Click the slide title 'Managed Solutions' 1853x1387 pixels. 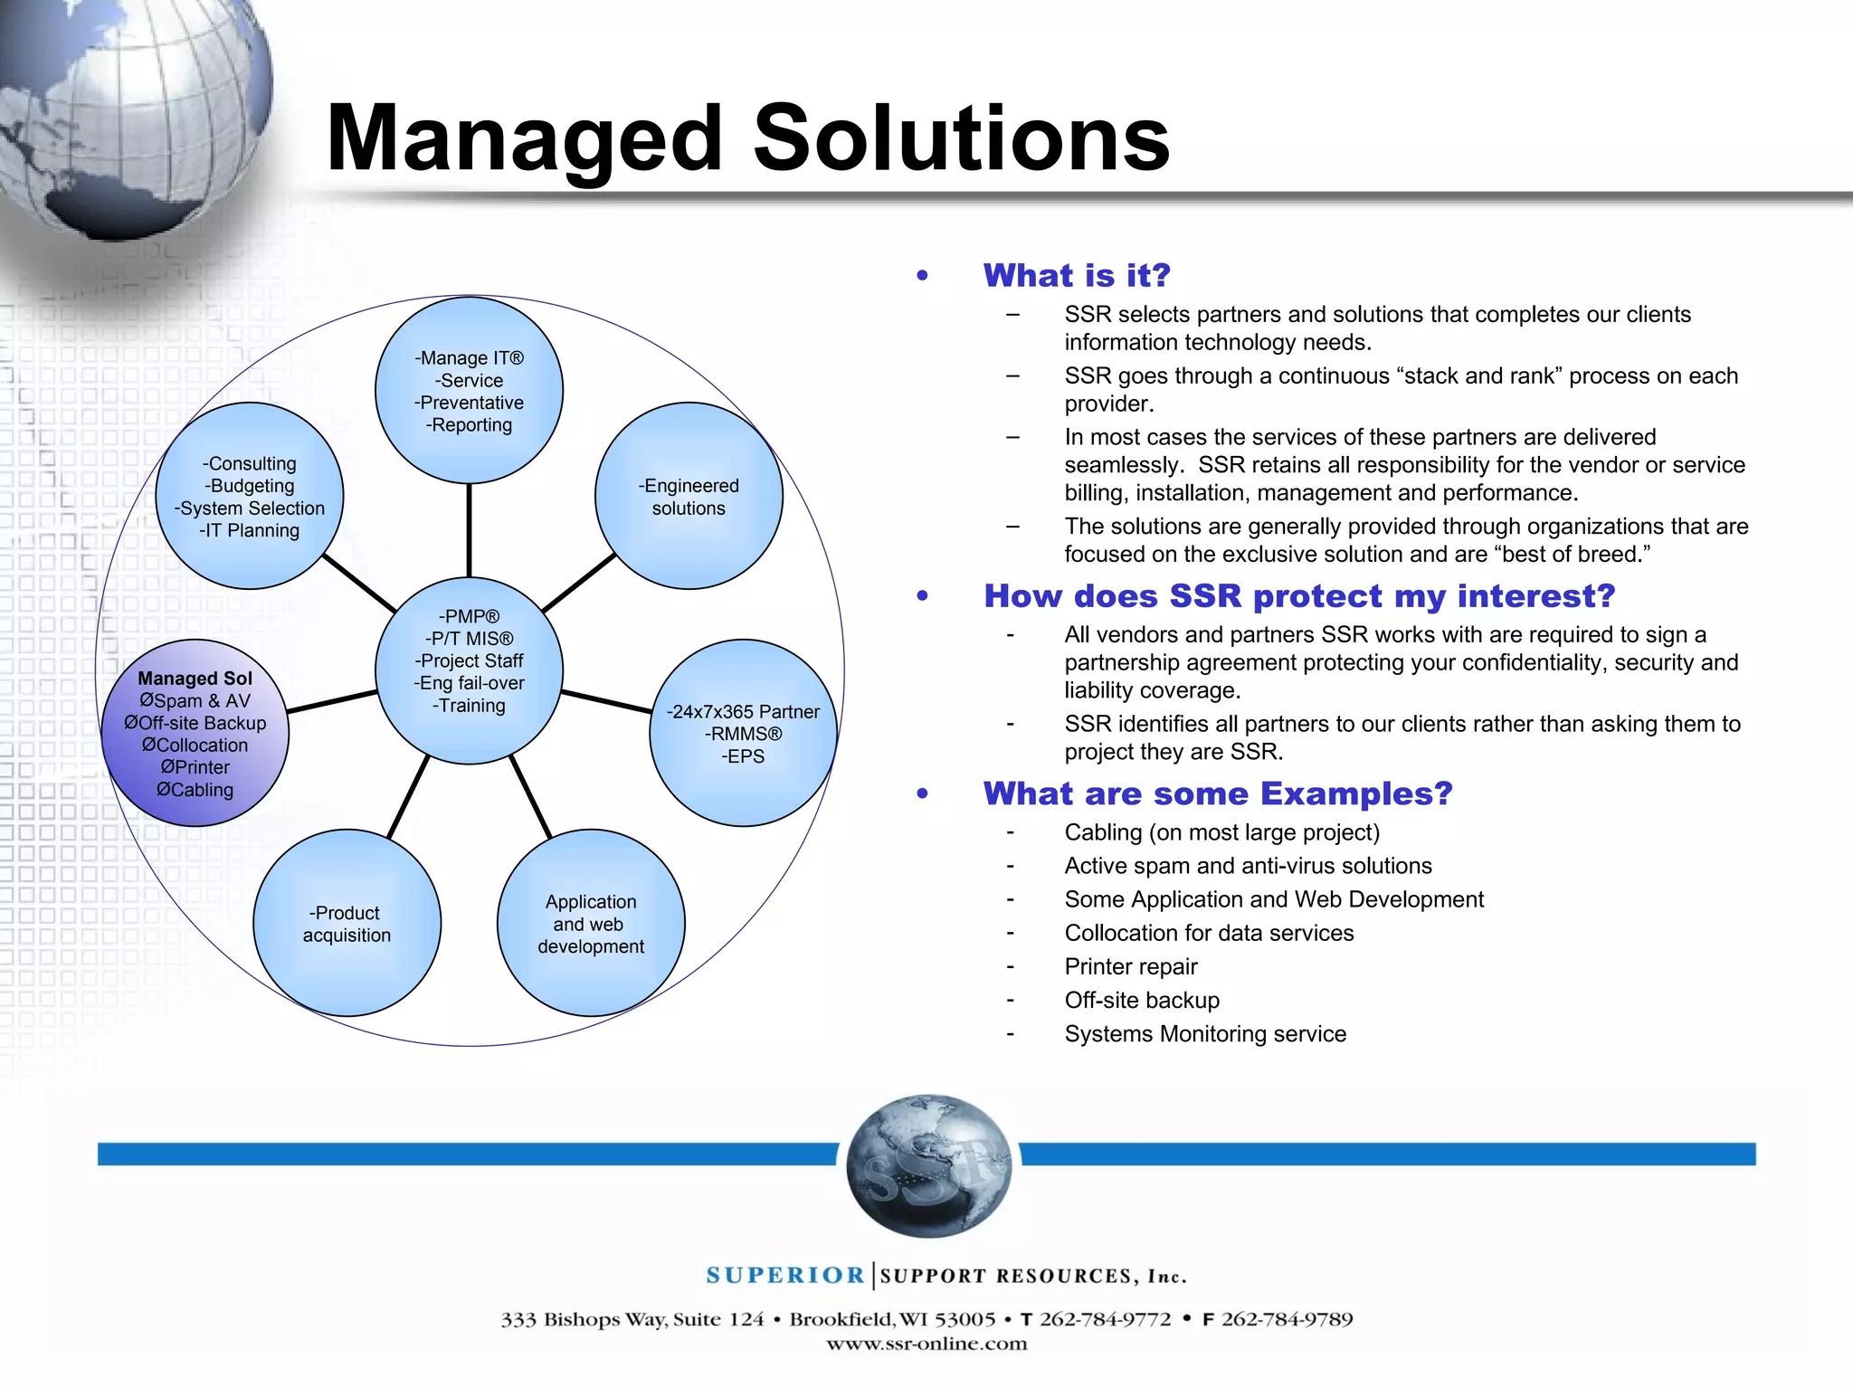[x=747, y=138]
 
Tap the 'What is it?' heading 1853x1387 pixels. [x=1077, y=275]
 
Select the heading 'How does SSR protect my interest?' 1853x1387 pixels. [x=1299, y=595]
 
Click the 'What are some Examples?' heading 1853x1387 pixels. [x=1218, y=793]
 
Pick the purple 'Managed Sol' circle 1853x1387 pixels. [x=195, y=733]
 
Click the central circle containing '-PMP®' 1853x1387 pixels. [x=469, y=670]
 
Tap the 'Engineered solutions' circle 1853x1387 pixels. [x=689, y=496]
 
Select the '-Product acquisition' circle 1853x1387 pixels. [x=347, y=923]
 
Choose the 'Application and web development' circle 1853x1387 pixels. [x=591, y=923]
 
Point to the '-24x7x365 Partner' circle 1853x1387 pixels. [x=743, y=733]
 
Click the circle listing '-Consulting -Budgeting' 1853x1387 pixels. [x=250, y=496]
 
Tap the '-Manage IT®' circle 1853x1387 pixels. [x=469, y=391]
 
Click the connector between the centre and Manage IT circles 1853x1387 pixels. [x=469, y=531]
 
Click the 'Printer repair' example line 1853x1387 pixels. [x=1131, y=967]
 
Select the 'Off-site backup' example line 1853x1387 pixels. [x=1142, y=1001]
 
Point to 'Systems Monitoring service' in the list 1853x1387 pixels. [x=1205, y=1034]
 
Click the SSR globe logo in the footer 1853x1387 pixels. [x=928, y=1165]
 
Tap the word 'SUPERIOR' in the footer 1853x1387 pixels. [x=785, y=1276]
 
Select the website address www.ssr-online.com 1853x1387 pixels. [x=926, y=1344]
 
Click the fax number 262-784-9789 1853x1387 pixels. [x=1287, y=1319]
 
